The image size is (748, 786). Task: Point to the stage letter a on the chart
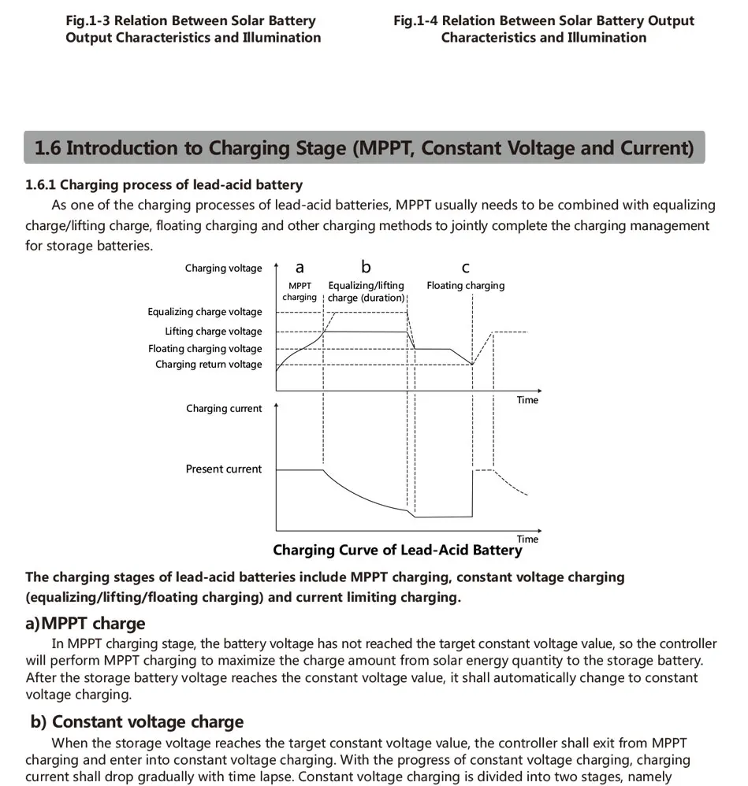pyautogui.click(x=300, y=268)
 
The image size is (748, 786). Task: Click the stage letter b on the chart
pyautogui.click(x=366, y=267)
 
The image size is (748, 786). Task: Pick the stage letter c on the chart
pyautogui.click(x=465, y=268)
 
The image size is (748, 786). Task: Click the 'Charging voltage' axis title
pyautogui.click(x=223, y=269)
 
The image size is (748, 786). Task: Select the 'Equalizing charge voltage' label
pyautogui.click(x=205, y=313)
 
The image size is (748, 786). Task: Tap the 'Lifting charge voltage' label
pyautogui.click(x=214, y=332)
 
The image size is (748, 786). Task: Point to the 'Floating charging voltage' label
pyautogui.click(x=205, y=349)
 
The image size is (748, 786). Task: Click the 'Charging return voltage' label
pyautogui.click(x=209, y=365)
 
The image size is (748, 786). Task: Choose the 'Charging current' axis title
pyautogui.click(x=224, y=409)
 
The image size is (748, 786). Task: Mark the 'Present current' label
pyautogui.click(x=224, y=469)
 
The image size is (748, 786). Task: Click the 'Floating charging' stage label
pyautogui.click(x=466, y=286)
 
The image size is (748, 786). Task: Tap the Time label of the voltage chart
pyautogui.click(x=527, y=400)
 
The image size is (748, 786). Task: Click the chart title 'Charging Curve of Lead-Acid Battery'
pyautogui.click(x=397, y=551)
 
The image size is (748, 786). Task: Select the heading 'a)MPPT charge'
pyautogui.click(x=85, y=624)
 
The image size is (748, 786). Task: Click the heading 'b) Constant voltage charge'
pyautogui.click(x=136, y=722)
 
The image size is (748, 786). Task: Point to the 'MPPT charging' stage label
pyautogui.click(x=300, y=291)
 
